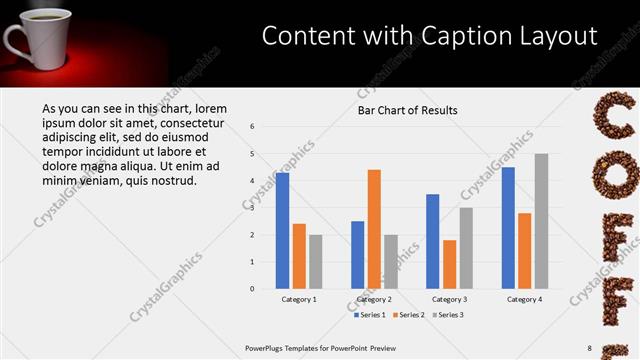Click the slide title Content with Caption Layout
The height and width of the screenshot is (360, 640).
click(430, 36)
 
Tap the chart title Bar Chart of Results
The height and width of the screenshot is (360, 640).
click(408, 110)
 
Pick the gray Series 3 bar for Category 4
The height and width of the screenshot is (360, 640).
click(541, 221)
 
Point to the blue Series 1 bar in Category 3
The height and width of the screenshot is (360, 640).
click(432, 241)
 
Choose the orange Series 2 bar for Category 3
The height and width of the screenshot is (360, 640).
click(449, 264)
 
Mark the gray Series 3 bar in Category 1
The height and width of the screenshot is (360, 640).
click(316, 261)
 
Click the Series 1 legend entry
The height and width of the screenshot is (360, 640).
click(371, 314)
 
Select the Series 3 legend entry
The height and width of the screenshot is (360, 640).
click(447, 314)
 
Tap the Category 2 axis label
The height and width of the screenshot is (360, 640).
click(374, 299)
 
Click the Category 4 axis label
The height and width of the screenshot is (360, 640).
click(524, 299)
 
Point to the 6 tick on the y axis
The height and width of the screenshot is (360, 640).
click(253, 127)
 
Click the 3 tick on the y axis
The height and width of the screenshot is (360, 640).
click(253, 208)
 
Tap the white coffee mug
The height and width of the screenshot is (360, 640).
click(28, 40)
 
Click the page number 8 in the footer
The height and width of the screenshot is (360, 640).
click(589, 348)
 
